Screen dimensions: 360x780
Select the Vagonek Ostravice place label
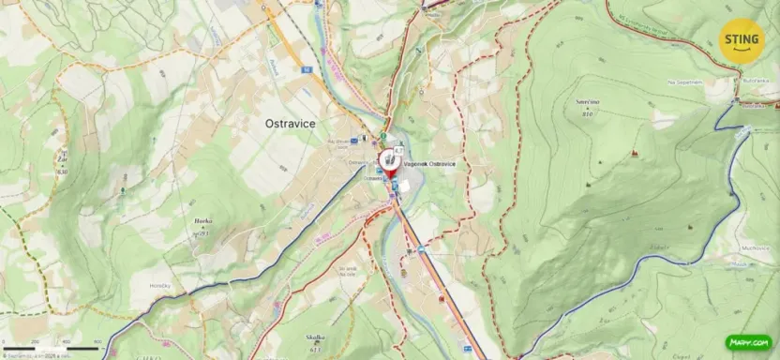pos(430,164)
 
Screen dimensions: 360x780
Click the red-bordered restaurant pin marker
pos(388,160)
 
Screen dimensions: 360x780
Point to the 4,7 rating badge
pos(398,150)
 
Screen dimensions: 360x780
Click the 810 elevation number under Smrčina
pos(588,113)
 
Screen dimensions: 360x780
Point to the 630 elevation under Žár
pos(62,172)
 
